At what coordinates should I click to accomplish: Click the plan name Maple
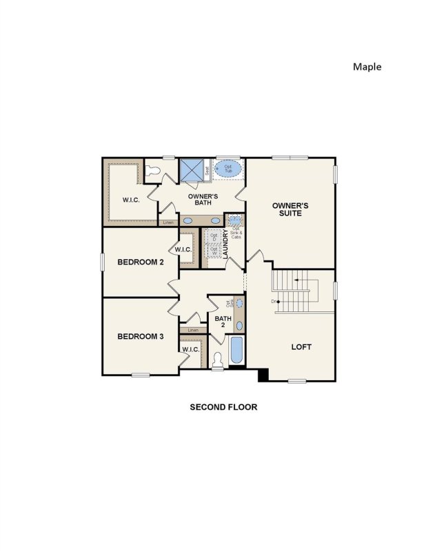pos(367,67)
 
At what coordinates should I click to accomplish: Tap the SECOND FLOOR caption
pos(223,407)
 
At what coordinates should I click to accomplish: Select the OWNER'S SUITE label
pos(290,209)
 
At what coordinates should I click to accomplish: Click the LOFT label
pos(301,346)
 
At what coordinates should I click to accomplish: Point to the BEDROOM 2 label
pos(140,262)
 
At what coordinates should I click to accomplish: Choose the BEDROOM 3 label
pos(140,336)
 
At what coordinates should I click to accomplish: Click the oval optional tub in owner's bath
pos(229,168)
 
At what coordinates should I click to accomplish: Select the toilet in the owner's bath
pos(153,169)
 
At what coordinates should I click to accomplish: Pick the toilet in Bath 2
pos(218,358)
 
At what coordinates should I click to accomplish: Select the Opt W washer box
pos(213,253)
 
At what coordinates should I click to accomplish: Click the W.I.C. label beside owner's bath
pos(132,200)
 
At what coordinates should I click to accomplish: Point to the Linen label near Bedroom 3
pos(192,331)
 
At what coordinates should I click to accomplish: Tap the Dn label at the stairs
pos(274,302)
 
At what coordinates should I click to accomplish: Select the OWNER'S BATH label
pos(203,200)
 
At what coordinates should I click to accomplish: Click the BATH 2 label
pos(221,322)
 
